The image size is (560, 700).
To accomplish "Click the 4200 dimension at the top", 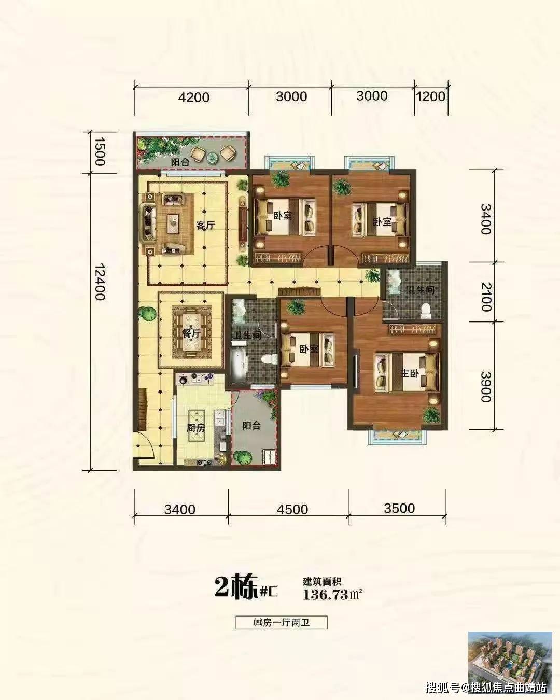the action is [x=194, y=97].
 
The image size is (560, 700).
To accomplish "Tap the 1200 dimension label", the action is [x=431, y=96].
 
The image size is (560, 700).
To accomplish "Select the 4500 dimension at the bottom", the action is [x=292, y=509].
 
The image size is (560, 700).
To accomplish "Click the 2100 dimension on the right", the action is [x=486, y=297].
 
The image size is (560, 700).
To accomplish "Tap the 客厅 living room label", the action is [x=205, y=226].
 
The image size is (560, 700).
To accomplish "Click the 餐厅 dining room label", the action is [x=191, y=333].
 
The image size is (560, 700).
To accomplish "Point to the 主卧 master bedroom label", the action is [x=410, y=373].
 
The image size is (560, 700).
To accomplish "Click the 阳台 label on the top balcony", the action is [x=180, y=162].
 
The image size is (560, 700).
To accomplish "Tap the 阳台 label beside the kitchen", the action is [x=251, y=425].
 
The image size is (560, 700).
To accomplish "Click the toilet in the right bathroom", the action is [x=425, y=311].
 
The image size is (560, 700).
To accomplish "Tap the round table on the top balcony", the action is [x=213, y=158].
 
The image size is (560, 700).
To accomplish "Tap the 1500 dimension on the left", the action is [x=100, y=151].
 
